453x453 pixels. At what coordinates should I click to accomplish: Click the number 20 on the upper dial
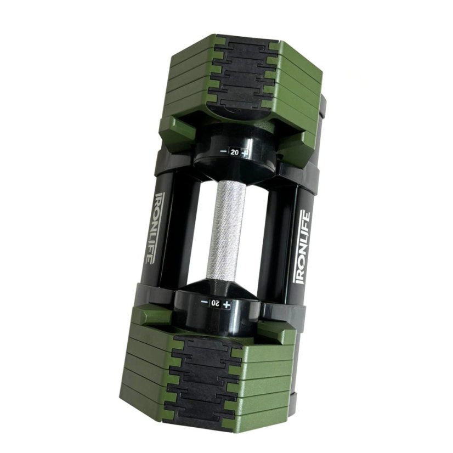235,153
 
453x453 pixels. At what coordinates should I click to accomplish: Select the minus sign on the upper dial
223,151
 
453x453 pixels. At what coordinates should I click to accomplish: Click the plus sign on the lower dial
228,304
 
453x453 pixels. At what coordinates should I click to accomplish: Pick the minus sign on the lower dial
204,302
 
